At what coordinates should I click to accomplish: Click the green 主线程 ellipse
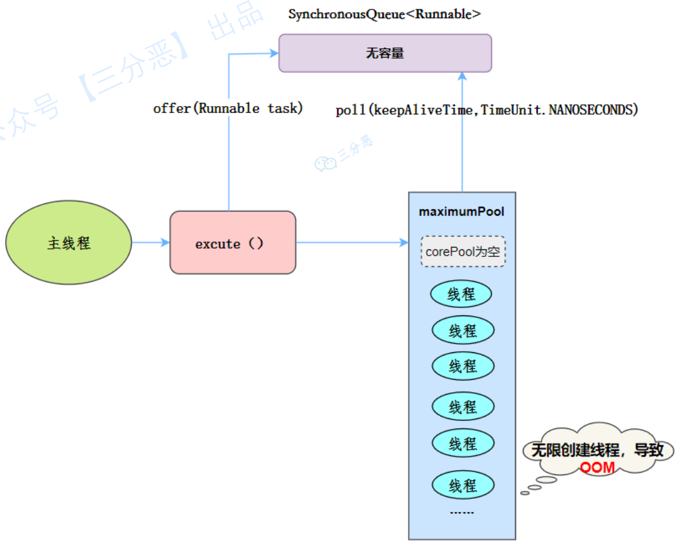(69, 243)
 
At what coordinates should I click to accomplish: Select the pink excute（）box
(233, 243)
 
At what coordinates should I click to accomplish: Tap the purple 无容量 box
(385, 53)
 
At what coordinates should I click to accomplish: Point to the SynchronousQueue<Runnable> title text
(384, 14)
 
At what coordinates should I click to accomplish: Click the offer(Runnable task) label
(228, 109)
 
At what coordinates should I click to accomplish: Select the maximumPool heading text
(462, 212)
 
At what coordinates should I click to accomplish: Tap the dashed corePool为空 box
(463, 252)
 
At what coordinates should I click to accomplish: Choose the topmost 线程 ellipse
(462, 294)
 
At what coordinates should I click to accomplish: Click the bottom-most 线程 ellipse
(463, 485)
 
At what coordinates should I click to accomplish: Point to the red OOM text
(597, 468)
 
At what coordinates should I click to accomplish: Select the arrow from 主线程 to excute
(150, 243)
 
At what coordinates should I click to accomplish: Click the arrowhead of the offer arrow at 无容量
(274, 54)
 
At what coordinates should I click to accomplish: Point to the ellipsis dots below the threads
(462, 512)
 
